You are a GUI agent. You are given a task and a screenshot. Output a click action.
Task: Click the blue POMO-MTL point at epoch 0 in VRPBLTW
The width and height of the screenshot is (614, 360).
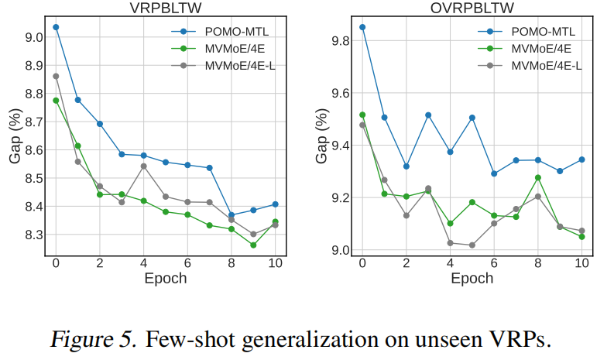(x=56, y=27)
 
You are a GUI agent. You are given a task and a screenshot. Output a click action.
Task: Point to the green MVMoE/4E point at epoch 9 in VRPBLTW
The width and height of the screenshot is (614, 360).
(x=253, y=245)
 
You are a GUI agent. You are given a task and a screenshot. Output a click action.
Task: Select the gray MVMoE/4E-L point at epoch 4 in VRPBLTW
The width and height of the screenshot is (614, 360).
(x=143, y=166)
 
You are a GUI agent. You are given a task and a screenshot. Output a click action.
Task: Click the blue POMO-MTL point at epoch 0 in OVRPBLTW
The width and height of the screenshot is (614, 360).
(x=362, y=27)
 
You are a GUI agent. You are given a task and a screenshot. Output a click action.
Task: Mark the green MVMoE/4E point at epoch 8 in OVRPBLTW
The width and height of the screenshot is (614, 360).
(x=538, y=177)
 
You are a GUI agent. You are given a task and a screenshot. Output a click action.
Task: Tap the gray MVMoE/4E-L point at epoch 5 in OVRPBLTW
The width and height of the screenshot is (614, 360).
(x=472, y=245)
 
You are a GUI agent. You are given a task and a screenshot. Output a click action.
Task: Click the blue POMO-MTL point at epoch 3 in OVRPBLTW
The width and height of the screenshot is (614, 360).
(x=428, y=115)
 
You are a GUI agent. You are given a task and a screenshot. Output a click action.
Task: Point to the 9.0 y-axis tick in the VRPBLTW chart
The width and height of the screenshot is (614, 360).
(x=33, y=37)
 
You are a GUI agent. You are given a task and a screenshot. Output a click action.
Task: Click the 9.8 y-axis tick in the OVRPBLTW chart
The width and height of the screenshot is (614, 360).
(x=339, y=41)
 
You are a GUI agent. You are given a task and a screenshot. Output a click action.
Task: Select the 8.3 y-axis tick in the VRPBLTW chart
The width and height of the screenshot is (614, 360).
(x=33, y=235)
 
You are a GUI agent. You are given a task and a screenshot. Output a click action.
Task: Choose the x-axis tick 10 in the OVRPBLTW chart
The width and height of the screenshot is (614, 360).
(x=581, y=263)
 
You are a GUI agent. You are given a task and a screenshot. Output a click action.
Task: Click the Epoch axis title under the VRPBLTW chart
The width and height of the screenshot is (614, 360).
(x=165, y=279)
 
